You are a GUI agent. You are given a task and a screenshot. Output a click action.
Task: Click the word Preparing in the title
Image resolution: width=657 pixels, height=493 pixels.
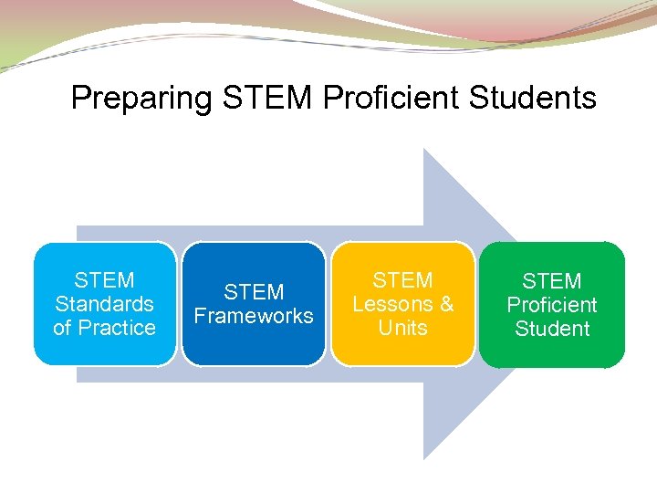pos(141,98)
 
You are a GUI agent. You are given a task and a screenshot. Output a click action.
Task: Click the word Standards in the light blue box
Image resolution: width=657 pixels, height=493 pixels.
pos(104,304)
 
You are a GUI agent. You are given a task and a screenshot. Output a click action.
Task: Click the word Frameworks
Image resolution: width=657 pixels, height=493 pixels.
pos(253,316)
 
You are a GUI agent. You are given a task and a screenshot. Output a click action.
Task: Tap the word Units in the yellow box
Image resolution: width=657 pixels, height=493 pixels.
pos(402,328)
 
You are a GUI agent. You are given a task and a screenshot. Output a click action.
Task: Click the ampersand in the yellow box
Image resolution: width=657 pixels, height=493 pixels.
pos(445,304)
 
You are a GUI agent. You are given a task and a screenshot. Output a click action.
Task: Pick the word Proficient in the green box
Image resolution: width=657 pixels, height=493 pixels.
pos(552,305)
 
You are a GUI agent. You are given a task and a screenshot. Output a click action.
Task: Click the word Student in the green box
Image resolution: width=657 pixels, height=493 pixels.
pos(552,329)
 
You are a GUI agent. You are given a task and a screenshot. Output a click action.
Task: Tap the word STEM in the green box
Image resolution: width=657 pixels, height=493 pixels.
pos(552,281)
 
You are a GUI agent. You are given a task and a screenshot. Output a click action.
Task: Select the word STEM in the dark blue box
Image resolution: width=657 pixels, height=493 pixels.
pos(253,292)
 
